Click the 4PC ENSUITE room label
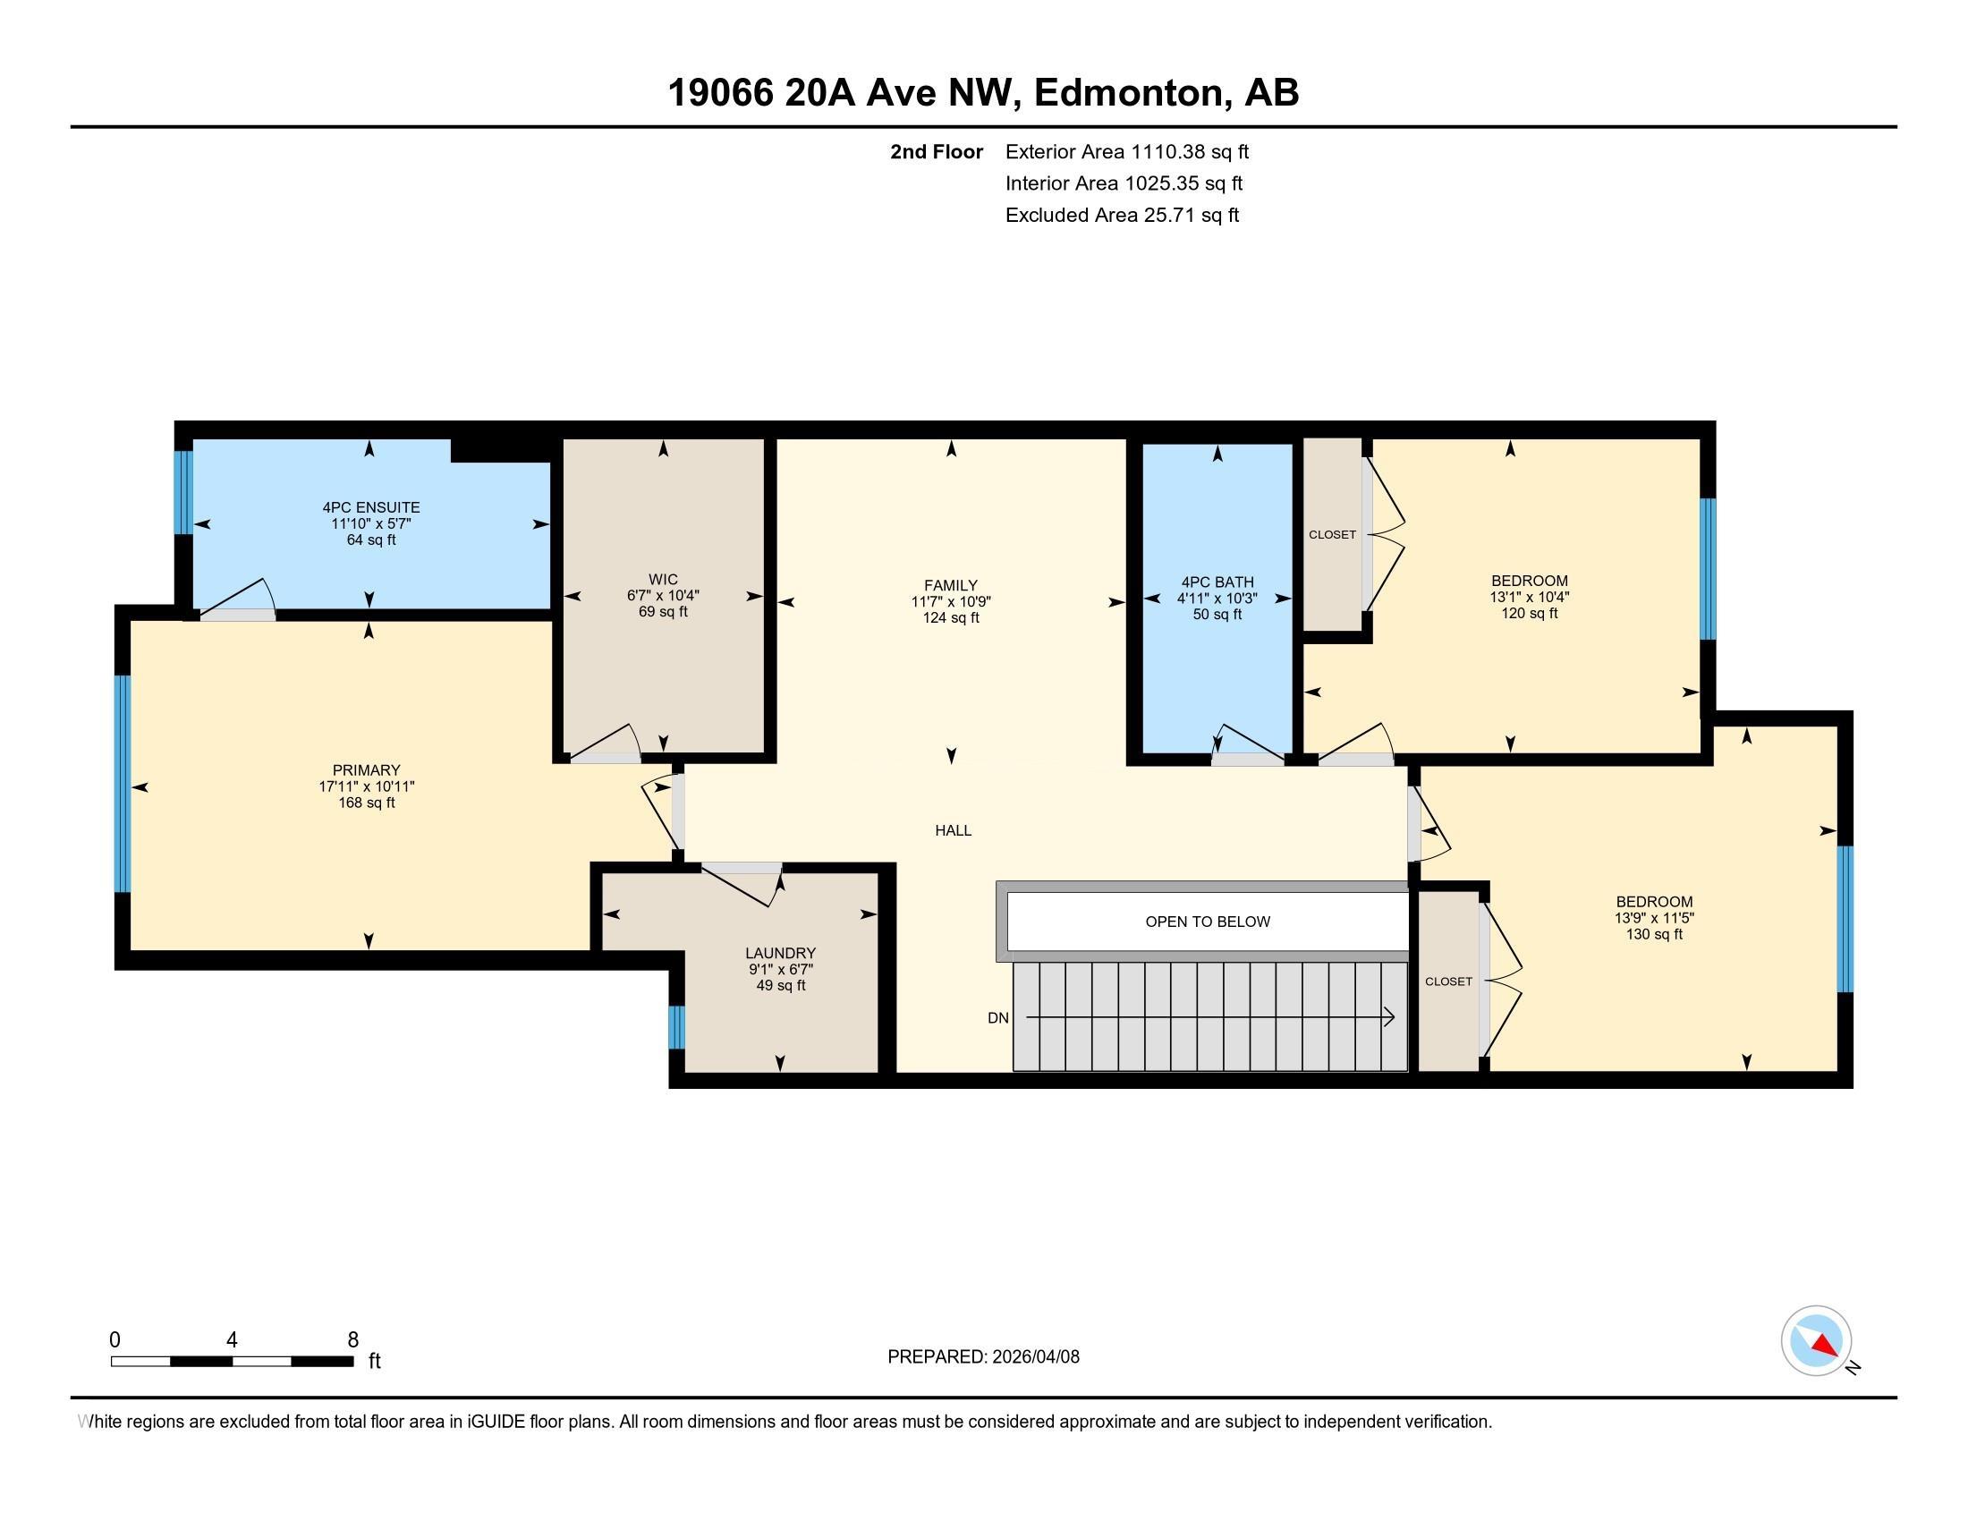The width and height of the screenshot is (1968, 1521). [x=371, y=507]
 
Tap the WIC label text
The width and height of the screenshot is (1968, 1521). [x=663, y=580]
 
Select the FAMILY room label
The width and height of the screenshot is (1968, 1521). [x=951, y=585]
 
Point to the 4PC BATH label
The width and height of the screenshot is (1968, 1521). [x=1217, y=582]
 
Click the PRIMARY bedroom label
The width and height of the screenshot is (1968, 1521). [x=366, y=769]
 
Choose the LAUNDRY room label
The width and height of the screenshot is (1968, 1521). [x=780, y=953]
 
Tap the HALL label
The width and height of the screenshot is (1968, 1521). [x=954, y=830]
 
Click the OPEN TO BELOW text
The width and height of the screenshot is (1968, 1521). [x=1208, y=921]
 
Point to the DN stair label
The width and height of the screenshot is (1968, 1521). [x=998, y=1017]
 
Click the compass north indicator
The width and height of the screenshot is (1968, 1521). [x=1817, y=1341]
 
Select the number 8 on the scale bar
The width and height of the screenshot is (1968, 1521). [x=353, y=1339]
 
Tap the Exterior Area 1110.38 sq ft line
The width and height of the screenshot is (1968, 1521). [x=1127, y=151]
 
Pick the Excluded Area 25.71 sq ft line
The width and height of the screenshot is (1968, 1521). [x=1122, y=215]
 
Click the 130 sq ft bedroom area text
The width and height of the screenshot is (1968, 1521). [x=1653, y=933]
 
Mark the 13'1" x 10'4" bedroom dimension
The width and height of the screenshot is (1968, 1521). [x=1529, y=597]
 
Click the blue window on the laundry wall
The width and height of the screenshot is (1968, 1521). [x=677, y=1027]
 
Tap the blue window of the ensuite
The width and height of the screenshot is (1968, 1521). [x=182, y=492]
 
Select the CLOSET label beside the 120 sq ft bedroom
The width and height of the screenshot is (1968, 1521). [x=1332, y=534]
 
